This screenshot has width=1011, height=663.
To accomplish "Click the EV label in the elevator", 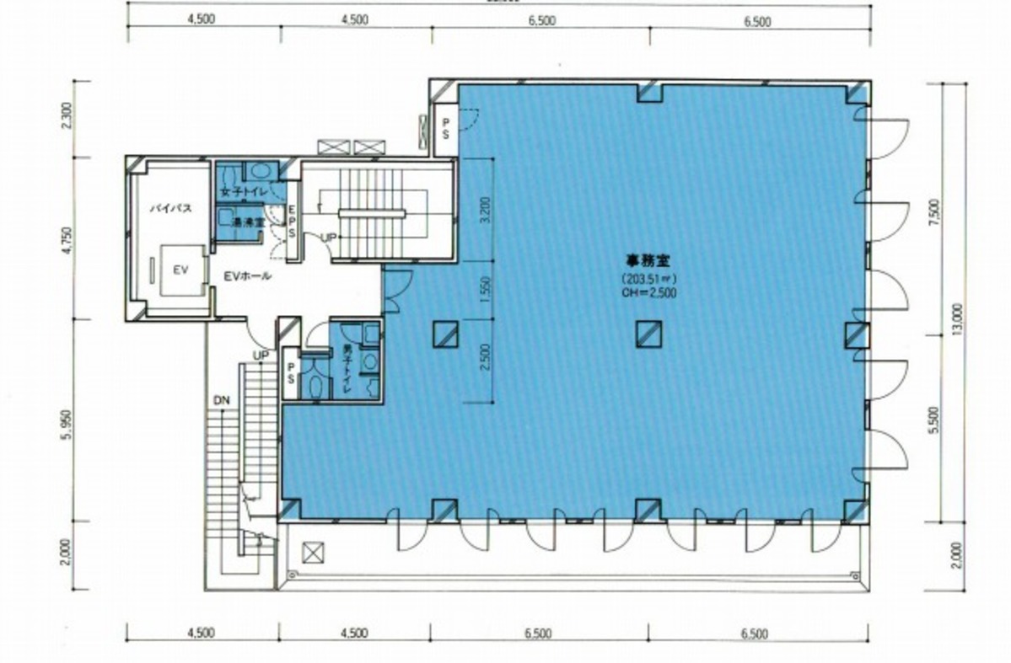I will tap(180, 270).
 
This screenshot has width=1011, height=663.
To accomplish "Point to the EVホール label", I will tap(247, 276).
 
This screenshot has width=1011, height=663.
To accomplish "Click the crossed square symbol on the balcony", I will tap(312, 553).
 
